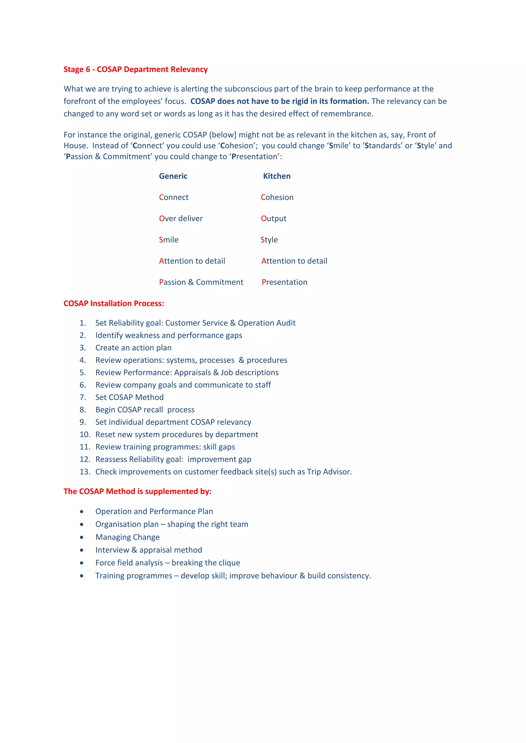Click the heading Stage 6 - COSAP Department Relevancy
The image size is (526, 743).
pos(135,69)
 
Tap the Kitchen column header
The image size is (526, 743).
pos(277,176)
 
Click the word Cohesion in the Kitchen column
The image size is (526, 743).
pos(277,197)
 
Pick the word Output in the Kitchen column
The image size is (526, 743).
pos(274,218)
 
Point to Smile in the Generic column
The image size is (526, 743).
pos(168,240)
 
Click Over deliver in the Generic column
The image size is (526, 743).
pos(181,218)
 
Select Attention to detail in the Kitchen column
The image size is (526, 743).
pos(294,261)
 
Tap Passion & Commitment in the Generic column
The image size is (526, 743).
pos(201,282)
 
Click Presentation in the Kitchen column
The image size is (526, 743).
pos(284,282)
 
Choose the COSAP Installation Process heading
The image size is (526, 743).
pos(114,304)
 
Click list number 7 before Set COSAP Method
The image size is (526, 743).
pos(83,397)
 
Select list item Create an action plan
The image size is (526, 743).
pos(134,348)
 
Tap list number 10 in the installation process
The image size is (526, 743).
pos(84,435)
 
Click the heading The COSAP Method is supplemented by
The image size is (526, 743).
pos(137,491)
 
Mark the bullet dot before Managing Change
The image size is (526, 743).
pos(82,537)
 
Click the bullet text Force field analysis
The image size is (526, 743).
pos(129,563)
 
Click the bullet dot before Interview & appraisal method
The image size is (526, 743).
pos(82,550)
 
